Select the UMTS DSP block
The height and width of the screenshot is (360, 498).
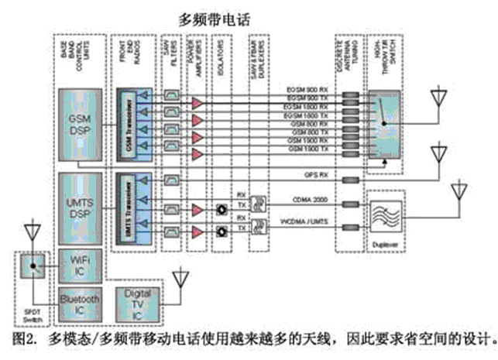pos(80,208)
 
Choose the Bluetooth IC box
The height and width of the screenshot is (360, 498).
pos(80,302)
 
